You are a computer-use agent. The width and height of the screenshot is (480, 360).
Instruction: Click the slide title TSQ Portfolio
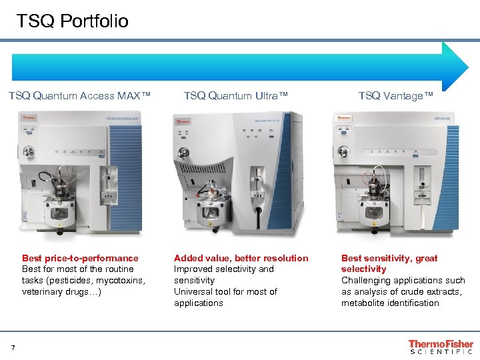[x=73, y=21]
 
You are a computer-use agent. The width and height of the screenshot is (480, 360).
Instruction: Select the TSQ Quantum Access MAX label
[x=79, y=96]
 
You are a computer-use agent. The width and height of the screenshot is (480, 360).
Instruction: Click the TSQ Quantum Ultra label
[x=236, y=96]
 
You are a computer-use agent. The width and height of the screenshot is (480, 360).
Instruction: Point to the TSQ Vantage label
[x=395, y=96]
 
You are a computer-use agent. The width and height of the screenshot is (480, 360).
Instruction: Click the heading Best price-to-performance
[x=80, y=258]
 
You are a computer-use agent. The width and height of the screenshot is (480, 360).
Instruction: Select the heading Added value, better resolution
[x=241, y=258]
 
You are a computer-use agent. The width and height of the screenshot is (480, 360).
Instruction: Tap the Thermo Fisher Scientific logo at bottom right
[x=441, y=347]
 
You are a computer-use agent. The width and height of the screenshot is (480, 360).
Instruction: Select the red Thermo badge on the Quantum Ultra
[x=182, y=121]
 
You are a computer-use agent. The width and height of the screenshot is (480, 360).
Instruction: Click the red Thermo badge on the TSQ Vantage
[x=343, y=118]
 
